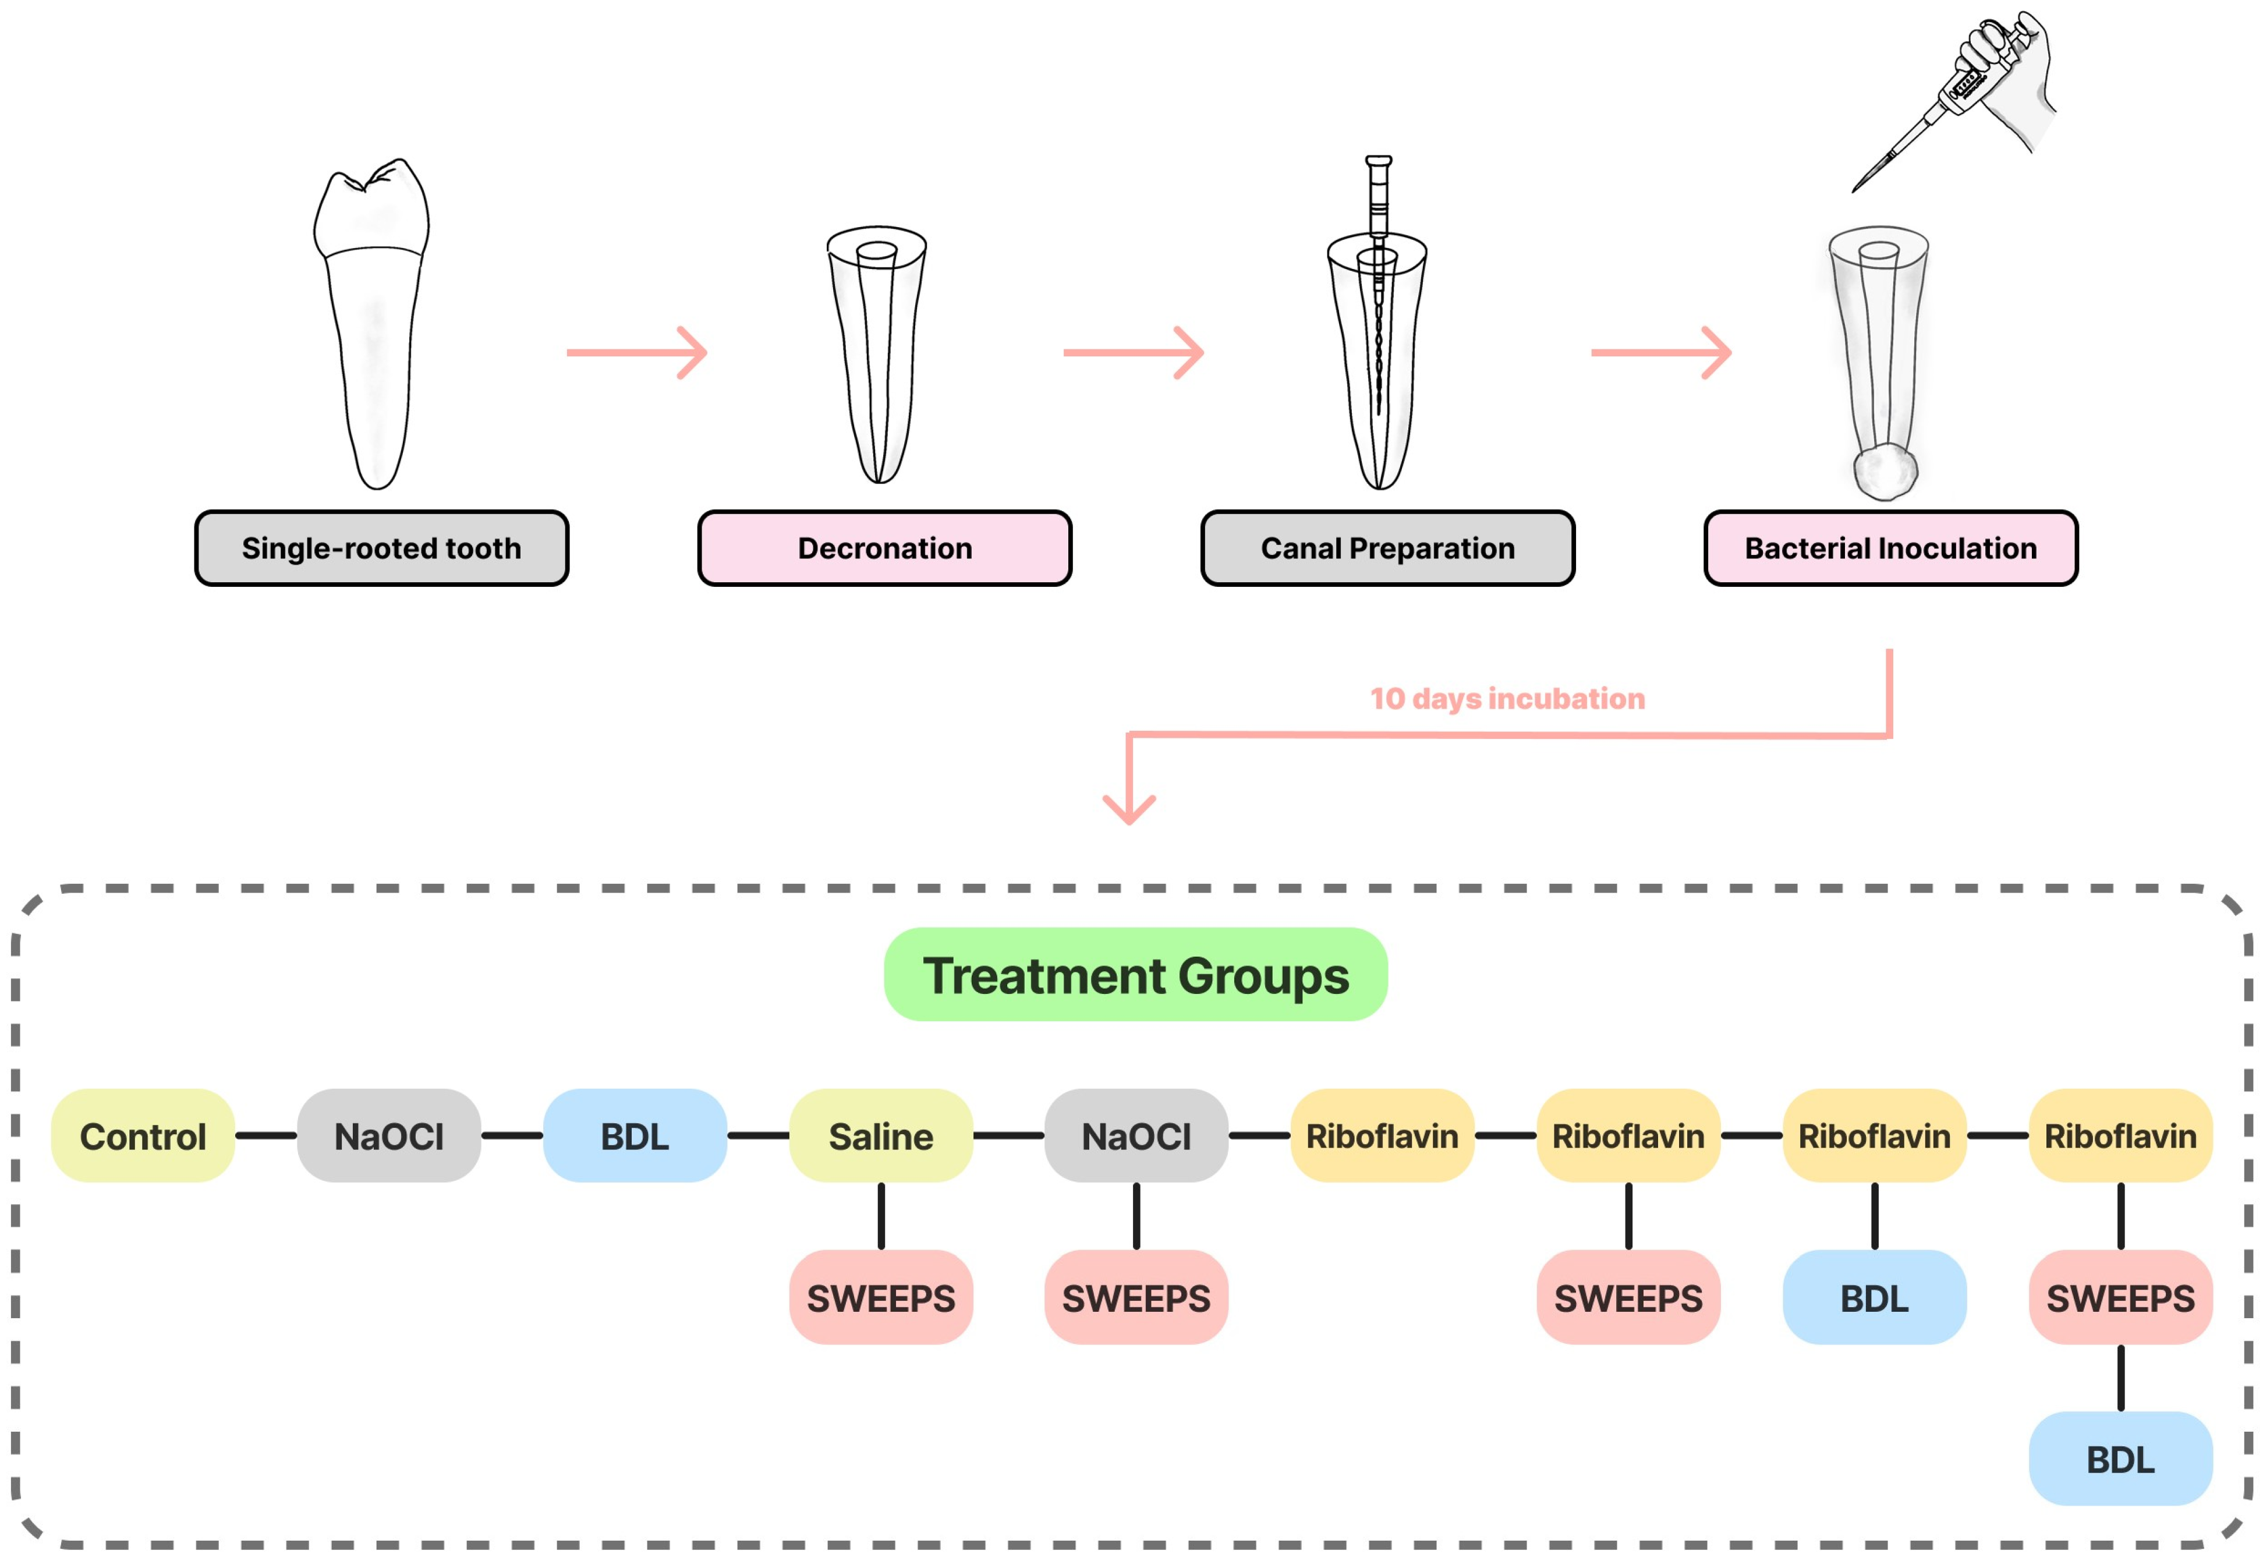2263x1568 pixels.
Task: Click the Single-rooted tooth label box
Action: [x=381, y=548]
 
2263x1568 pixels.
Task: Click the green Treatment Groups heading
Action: [x=1135, y=975]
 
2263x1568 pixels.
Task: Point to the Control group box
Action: [x=143, y=1136]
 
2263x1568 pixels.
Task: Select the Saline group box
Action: [x=881, y=1136]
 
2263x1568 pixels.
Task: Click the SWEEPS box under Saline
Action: [x=881, y=1298]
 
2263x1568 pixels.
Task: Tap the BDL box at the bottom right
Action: [x=2120, y=1459]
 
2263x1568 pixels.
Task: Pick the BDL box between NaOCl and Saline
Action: [x=635, y=1136]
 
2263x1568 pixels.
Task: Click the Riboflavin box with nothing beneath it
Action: [x=1382, y=1136]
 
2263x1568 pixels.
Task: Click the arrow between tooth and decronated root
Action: [x=636, y=352]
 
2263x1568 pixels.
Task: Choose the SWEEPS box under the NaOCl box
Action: [x=1136, y=1298]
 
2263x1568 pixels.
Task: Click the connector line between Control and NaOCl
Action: [x=266, y=1136]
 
